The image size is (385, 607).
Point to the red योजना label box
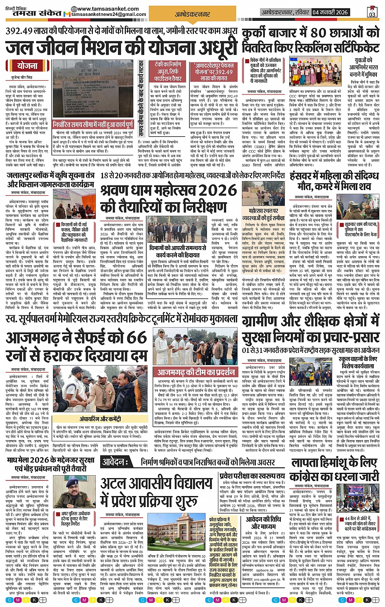[x=27, y=66]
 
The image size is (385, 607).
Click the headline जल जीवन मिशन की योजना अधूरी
[x=121, y=47]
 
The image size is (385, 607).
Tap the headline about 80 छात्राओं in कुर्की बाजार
[x=310, y=40]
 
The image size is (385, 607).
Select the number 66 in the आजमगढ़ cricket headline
[x=136, y=338]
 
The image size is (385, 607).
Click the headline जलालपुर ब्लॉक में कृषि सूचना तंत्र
[x=51, y=179]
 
